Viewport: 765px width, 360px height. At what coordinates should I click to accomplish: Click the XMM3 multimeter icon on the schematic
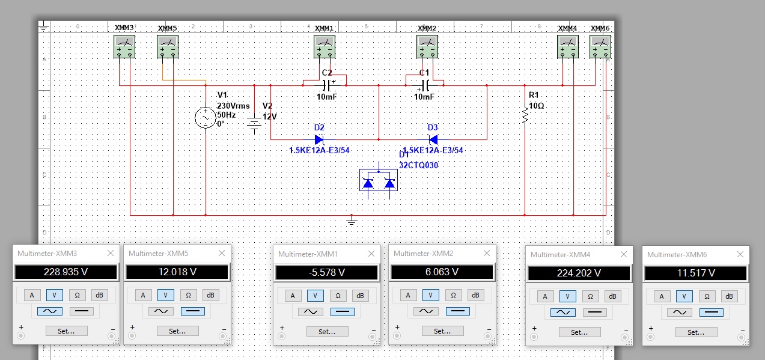tap(124, 47)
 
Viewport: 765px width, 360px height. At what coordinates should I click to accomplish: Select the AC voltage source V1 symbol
tap(206, 118)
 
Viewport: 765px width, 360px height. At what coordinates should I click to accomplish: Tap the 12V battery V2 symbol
tap(254, 124)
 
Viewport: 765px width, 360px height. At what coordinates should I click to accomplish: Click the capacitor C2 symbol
tap(326, 85)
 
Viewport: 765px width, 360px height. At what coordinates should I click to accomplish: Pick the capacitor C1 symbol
tap(424, 85)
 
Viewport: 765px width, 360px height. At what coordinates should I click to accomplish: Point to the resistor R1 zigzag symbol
tap(525, 115)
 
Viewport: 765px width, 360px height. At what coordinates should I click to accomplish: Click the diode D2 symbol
tap(319, 139)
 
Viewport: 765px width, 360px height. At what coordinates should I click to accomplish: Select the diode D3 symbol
tap(433, 139)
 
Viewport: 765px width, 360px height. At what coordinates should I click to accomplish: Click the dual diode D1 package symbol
tap(379, 180)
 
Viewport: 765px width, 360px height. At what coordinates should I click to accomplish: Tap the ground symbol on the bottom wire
tap(352, 221)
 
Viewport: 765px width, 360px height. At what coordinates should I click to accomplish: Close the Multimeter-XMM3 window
tap(111, 253)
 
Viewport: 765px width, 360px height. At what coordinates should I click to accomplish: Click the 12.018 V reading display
tap(177, 272)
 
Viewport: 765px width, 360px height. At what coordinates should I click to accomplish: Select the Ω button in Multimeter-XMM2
tap(453, 295)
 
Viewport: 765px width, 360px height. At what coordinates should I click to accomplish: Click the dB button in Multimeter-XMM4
tap(613, 296)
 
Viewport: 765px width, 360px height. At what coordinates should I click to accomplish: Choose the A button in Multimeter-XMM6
tap(662, 296)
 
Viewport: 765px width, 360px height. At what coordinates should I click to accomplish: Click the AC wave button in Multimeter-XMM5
tap(161, 311)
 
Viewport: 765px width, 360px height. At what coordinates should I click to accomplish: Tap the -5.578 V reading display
tap(327, 273)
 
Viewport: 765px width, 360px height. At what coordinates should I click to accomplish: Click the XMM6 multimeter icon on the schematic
tap(600, 47)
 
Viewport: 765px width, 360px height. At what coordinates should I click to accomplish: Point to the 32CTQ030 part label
tap(419, 165)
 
